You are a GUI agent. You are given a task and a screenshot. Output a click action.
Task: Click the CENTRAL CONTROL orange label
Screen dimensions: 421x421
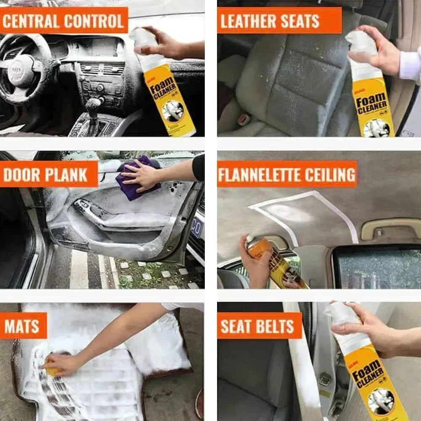(x=64, y=20)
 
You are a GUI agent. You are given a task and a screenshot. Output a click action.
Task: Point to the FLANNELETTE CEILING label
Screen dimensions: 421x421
(x=287, y=174)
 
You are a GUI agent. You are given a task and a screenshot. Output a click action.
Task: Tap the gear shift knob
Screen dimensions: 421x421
(x=93, y=103)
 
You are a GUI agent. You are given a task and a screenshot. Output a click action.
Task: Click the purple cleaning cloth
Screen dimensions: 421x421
(x=139, y=178)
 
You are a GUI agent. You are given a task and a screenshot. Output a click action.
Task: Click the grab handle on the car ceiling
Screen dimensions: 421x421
(x=389, y=227)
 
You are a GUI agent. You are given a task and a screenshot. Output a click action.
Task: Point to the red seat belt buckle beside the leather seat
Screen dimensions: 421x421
(x=244, y=119)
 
